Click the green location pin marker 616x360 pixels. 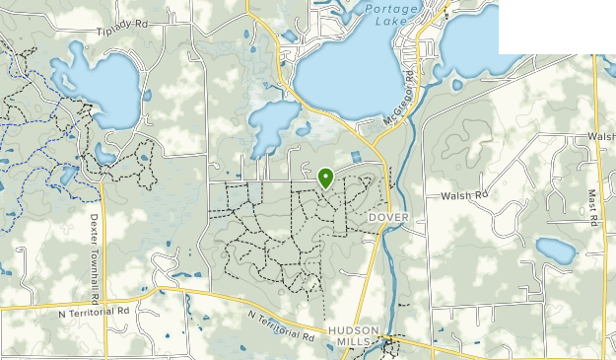(x=325, y=178)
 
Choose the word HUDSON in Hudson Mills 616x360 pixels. (x=351, y=332)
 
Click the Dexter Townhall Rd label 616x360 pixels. (x=95, y=257)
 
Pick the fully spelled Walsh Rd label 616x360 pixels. (x=466, y=195)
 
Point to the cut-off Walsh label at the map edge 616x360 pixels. (x=601, y=135)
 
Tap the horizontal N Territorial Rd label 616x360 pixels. (x=95, y=311)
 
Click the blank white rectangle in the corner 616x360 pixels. (x=557, y=27)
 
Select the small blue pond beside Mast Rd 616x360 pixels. (x=555, y=251)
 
